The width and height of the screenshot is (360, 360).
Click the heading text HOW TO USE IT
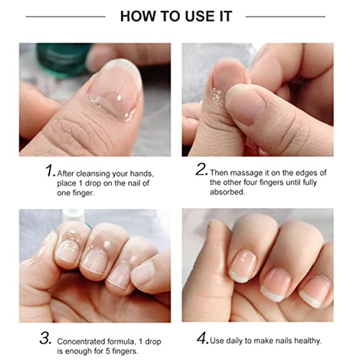[176, 17]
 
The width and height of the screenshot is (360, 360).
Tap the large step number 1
[50, 170]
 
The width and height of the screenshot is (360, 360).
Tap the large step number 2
[201, 169]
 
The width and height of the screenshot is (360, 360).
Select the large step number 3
[45, 338]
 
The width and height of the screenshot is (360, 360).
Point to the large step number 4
[202, 338]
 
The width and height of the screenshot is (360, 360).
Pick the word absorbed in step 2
[228, 192]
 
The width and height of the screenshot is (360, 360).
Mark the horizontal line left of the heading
[66, 17]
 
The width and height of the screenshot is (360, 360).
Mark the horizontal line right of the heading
[285, 17]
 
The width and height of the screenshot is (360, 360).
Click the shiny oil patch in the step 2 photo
[217, 94]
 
